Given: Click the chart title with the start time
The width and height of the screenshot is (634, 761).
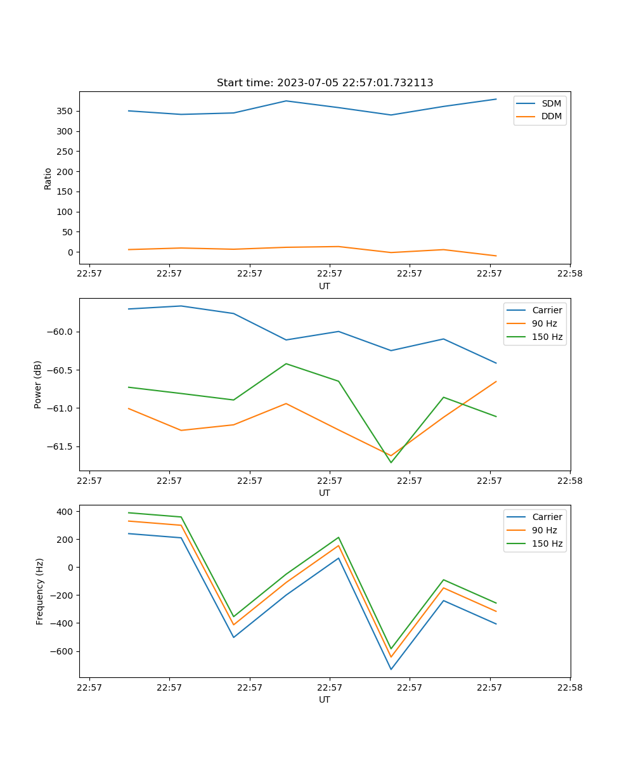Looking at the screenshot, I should pos(325,83).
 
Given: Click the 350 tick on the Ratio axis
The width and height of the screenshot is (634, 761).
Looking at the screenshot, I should pos(66,111).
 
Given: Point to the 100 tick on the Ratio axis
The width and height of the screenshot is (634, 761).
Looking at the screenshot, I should pos(66,212).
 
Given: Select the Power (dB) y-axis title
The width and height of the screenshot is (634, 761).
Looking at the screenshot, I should pos(38,384).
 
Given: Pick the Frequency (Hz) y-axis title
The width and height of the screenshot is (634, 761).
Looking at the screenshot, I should pos(39,591).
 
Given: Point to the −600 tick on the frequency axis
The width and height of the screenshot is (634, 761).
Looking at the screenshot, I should pos(61,651).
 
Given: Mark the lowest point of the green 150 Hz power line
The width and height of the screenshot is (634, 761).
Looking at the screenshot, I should pos(391,462).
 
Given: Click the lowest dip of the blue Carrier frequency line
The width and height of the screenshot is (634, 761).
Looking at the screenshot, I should pos(391,669).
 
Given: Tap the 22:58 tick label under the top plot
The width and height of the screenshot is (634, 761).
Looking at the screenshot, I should pos(569,275).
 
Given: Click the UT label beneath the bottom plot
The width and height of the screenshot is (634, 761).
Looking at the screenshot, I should pos(325,699).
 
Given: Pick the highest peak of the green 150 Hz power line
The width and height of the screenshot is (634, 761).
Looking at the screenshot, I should pos(286,363).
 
